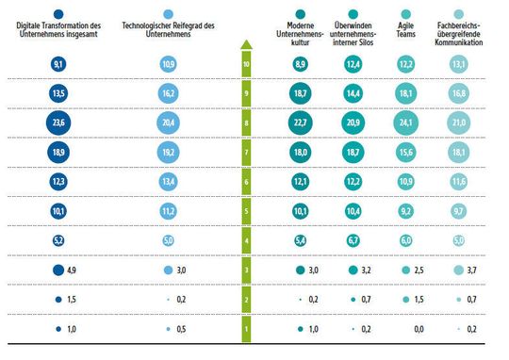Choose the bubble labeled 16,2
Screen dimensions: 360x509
coord(169,93)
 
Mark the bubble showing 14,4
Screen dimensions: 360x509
coord(353,93)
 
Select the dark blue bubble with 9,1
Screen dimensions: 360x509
coord(57,64)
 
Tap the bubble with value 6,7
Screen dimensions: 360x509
coord(353,240)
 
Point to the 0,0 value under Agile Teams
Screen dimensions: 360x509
coord(407,329)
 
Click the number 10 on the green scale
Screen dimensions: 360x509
coord(246,64)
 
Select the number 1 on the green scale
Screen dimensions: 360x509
coord(246,329)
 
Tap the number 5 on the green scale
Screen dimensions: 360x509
coord(246,211)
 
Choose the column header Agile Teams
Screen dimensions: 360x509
coord(407,21)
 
